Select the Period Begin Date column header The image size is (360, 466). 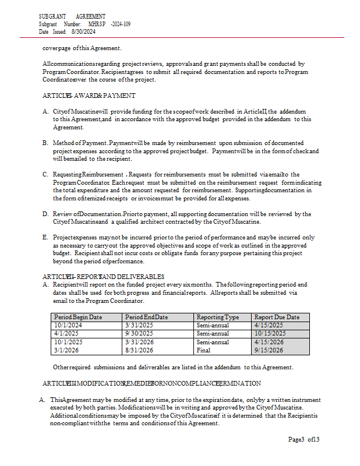(x=78, y=317)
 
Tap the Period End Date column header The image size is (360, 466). (x=146, y=317)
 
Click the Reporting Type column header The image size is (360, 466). (x=218, y=317)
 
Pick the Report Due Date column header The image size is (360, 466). (x=277, y=317)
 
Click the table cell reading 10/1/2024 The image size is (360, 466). (x=68, y=325)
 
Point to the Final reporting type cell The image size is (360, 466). (x=204, y=350)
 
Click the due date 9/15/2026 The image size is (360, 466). (x=269, y=350)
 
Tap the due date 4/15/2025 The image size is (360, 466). (x=269, y=325)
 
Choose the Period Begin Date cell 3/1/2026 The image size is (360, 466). (x=66, y=350)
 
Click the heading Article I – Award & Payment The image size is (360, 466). (x=89, y=96)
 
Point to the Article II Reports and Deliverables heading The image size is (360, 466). (x=103, y=276)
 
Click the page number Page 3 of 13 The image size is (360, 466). (x=304, y=439)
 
